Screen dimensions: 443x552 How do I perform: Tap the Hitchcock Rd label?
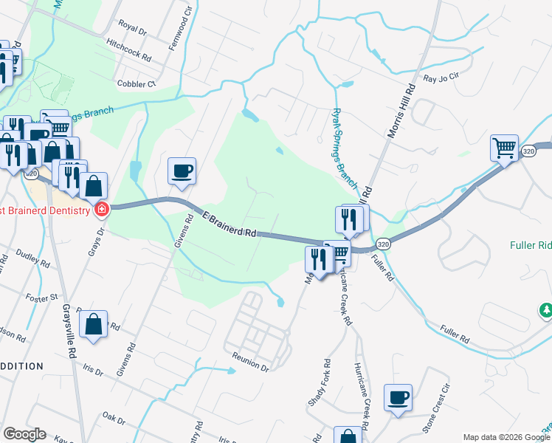[128, 51]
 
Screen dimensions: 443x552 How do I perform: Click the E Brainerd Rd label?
[230, 224]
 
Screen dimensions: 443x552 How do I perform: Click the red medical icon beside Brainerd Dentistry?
[101, 210]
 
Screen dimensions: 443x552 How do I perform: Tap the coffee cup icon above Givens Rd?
[182, 171]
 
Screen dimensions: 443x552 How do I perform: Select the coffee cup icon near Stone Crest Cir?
[399, 397]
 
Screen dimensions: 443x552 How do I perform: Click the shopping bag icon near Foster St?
[94, 323]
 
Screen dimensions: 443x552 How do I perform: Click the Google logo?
[24, 434]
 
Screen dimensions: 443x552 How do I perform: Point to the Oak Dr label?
[115, 419]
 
